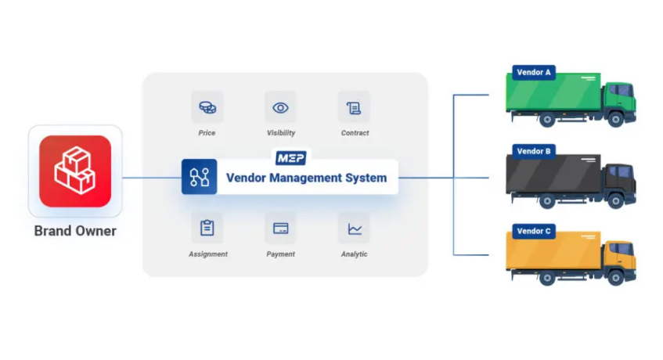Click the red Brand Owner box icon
(75, 171)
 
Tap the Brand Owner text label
(75, 231)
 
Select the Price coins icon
(207, 107)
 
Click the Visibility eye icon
(280, 107)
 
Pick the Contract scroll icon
(354, 107)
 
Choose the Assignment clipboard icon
(207, 229)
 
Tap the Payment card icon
(280, 229)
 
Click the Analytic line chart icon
(354, 229)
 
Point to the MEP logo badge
(290, 158)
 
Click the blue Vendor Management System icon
(199, 177)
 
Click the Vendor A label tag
(534, 73)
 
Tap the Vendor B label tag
(534, 151)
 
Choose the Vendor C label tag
(534, 231)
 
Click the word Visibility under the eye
(280, 133)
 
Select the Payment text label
(280, 254)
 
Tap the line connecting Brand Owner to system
(151, 178)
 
